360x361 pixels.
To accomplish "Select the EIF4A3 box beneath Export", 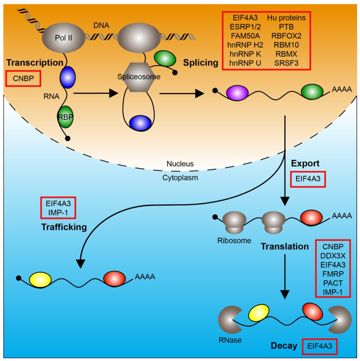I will [312, 180].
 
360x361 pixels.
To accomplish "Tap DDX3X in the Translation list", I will [332, 255].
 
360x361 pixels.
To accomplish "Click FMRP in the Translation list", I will [332, 274].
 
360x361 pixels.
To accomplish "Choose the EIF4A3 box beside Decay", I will [319, 346].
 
